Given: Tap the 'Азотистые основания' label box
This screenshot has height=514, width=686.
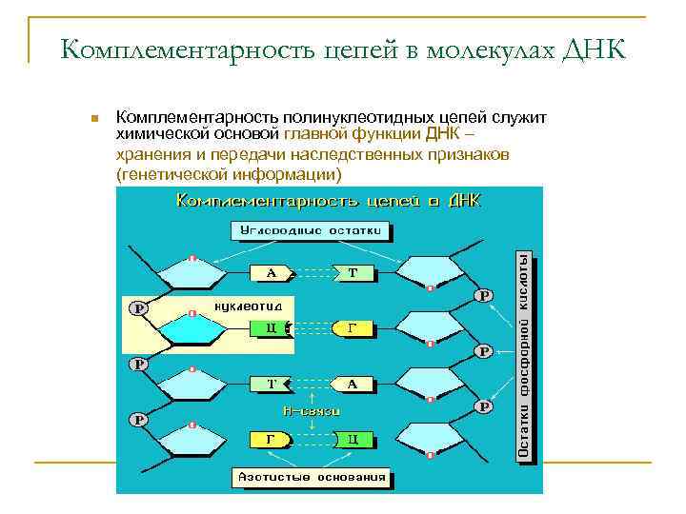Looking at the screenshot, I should coord(312,477).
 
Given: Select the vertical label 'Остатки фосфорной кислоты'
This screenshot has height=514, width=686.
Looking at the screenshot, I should coord(524,357).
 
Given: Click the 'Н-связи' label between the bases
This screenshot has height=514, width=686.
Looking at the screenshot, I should coord(312,410).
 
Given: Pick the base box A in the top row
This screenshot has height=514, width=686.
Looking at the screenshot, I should coord(272,273).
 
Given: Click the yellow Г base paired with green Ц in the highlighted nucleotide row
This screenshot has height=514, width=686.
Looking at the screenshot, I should coord(352,328).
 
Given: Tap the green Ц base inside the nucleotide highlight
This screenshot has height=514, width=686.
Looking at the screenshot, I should coord(271,328).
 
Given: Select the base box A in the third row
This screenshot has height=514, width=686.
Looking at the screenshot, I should coord(352,385).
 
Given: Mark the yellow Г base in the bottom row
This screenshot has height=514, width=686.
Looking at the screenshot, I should coord(270,440).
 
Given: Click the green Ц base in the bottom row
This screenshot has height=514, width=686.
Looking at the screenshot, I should coord(353,440).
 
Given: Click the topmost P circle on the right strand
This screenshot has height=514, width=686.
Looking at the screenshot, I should coord(484,296).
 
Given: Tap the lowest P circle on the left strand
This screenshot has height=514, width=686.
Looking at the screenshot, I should coord(138,419).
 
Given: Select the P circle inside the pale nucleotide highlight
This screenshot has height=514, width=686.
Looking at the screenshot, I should coord(139,308).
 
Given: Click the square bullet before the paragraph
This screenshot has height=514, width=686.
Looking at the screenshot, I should coord(93,119).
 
